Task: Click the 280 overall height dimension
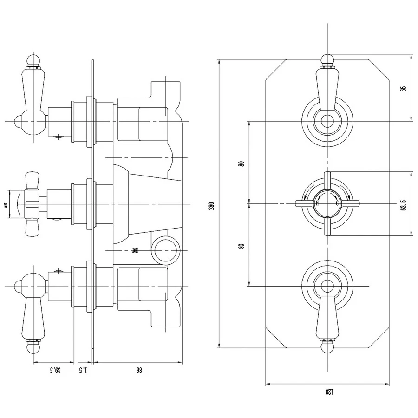click(212, 204)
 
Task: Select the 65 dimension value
click(403, 88)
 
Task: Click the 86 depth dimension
click(138, 370)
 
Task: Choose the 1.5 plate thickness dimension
click(84, 370)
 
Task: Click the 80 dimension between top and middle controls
click(241, 163)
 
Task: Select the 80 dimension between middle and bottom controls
click(241, 246)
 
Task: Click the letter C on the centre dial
click(337, 203)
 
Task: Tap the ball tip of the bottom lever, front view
click(327, 347)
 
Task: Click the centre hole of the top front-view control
click(327, 122)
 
